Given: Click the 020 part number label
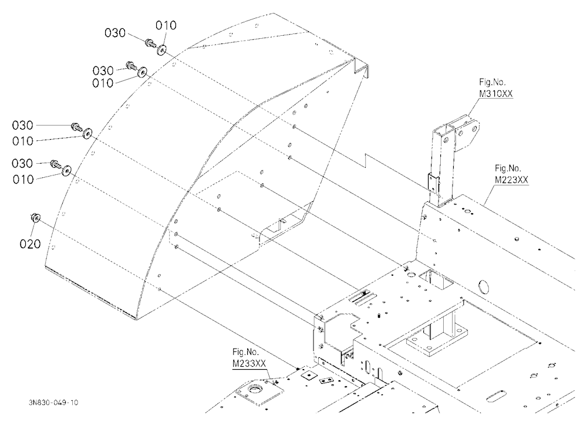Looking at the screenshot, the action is point(30,244).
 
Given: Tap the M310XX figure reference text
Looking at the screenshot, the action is point(495,93).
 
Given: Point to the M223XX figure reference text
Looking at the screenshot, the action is point(511,180).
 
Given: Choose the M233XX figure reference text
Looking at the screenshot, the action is point(249,363).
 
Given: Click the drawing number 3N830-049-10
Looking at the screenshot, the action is point(53,403).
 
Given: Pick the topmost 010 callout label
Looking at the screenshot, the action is point(166,25).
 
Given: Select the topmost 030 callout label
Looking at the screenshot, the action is point(115,33).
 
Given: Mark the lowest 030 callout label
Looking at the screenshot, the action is point(22,163).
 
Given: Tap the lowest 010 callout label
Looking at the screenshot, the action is point(23,180).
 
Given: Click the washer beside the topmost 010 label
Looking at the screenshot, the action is point(162,49).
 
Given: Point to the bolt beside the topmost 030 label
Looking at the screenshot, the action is point(150,43).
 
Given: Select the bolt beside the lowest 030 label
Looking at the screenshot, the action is point(56,163).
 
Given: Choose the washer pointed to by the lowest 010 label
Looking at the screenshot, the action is point(67,170).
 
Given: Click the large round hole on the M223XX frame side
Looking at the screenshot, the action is point(484,287).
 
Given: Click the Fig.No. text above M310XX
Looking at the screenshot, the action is point(492,82).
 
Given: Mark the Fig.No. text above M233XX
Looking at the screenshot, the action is point(245,352).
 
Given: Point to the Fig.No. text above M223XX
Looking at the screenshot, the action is point(508,168).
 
